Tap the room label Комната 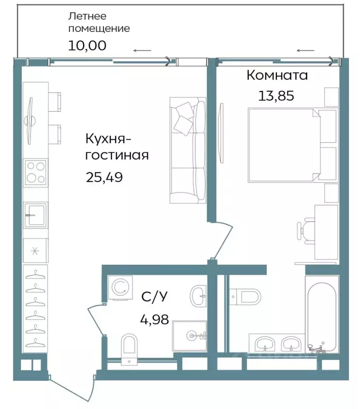coord(277,76)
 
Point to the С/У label coord(152,297)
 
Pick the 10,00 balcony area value coord(87,45)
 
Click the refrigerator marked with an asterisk coord(36,250)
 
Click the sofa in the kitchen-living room coord(187,151)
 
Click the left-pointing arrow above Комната coord(305,51)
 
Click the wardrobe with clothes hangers coord(36,307)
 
